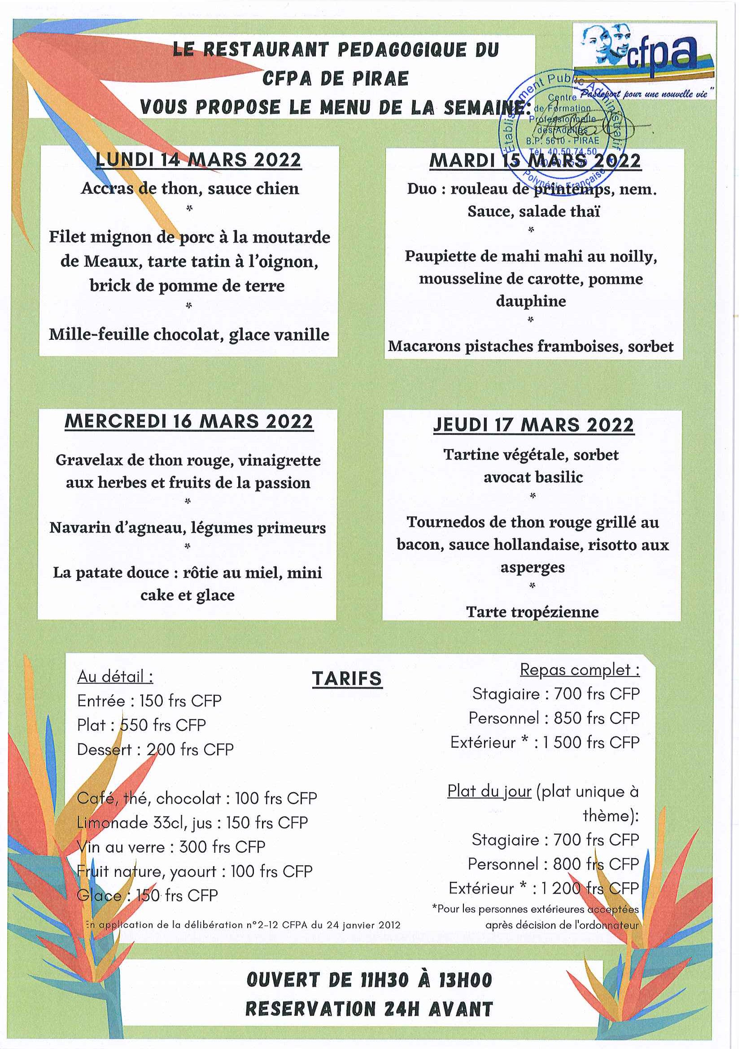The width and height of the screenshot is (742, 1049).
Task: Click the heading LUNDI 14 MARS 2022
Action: click(x=198, y=160)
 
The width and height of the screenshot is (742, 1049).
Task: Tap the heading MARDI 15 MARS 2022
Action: click(x=535, y=161)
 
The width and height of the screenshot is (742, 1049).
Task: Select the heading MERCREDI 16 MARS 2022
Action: click(x=189, y=421)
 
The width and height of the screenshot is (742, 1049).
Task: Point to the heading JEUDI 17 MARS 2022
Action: click(x=533, y=425)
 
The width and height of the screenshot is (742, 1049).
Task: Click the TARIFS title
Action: click(x=346, y=678)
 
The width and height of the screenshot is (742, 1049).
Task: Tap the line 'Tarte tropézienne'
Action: click(x=532, y=612)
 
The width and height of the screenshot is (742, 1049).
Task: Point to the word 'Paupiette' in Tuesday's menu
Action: click(x=440, y=256)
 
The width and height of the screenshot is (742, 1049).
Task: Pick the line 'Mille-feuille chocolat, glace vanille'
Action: click(x=189, y=334)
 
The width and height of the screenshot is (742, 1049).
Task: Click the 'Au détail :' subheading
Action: click(x=115, y=676)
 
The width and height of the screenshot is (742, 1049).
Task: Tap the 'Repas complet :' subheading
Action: click(x=580, y=670)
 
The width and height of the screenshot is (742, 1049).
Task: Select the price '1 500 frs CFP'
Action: click(x=591, y=742)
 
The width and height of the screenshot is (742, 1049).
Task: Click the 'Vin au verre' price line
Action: click(x=171, y=847)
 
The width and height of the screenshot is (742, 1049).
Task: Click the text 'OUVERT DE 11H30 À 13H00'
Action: click(x=369, y=980)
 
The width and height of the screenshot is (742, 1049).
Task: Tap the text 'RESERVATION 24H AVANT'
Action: click(x=369, y=1009)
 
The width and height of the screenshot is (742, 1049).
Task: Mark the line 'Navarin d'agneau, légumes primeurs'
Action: click(x=188, y=528)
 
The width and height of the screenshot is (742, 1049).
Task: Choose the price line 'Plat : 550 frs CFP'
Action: click(x=141, y=725)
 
